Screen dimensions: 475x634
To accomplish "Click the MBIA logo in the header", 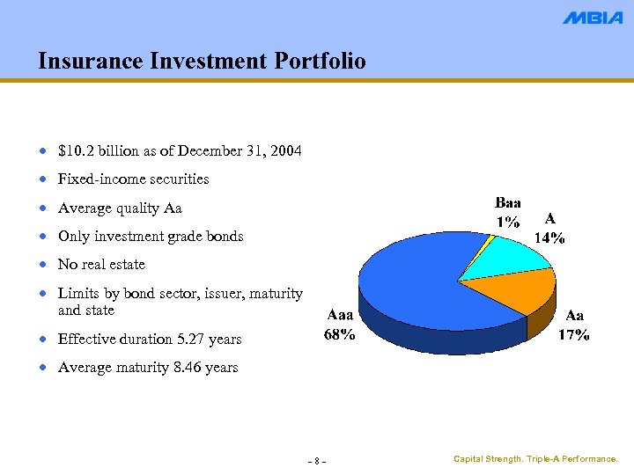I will click(x=593, y=18).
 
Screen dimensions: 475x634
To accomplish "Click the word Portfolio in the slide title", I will click(x=313, y=61).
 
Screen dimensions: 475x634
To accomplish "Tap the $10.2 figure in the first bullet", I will click(x=74, y=151).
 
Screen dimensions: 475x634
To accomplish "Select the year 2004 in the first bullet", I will click(x=286, y=151).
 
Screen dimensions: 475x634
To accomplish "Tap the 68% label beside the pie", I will click(x=341, y=334).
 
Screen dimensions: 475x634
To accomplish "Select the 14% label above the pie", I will click(x=550, y=237).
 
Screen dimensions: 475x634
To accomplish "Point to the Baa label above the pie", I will click(x=508, y=204).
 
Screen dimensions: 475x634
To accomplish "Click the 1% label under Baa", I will click(x=508, y=222).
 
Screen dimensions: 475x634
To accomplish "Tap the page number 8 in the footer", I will click(x=317, y=462).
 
